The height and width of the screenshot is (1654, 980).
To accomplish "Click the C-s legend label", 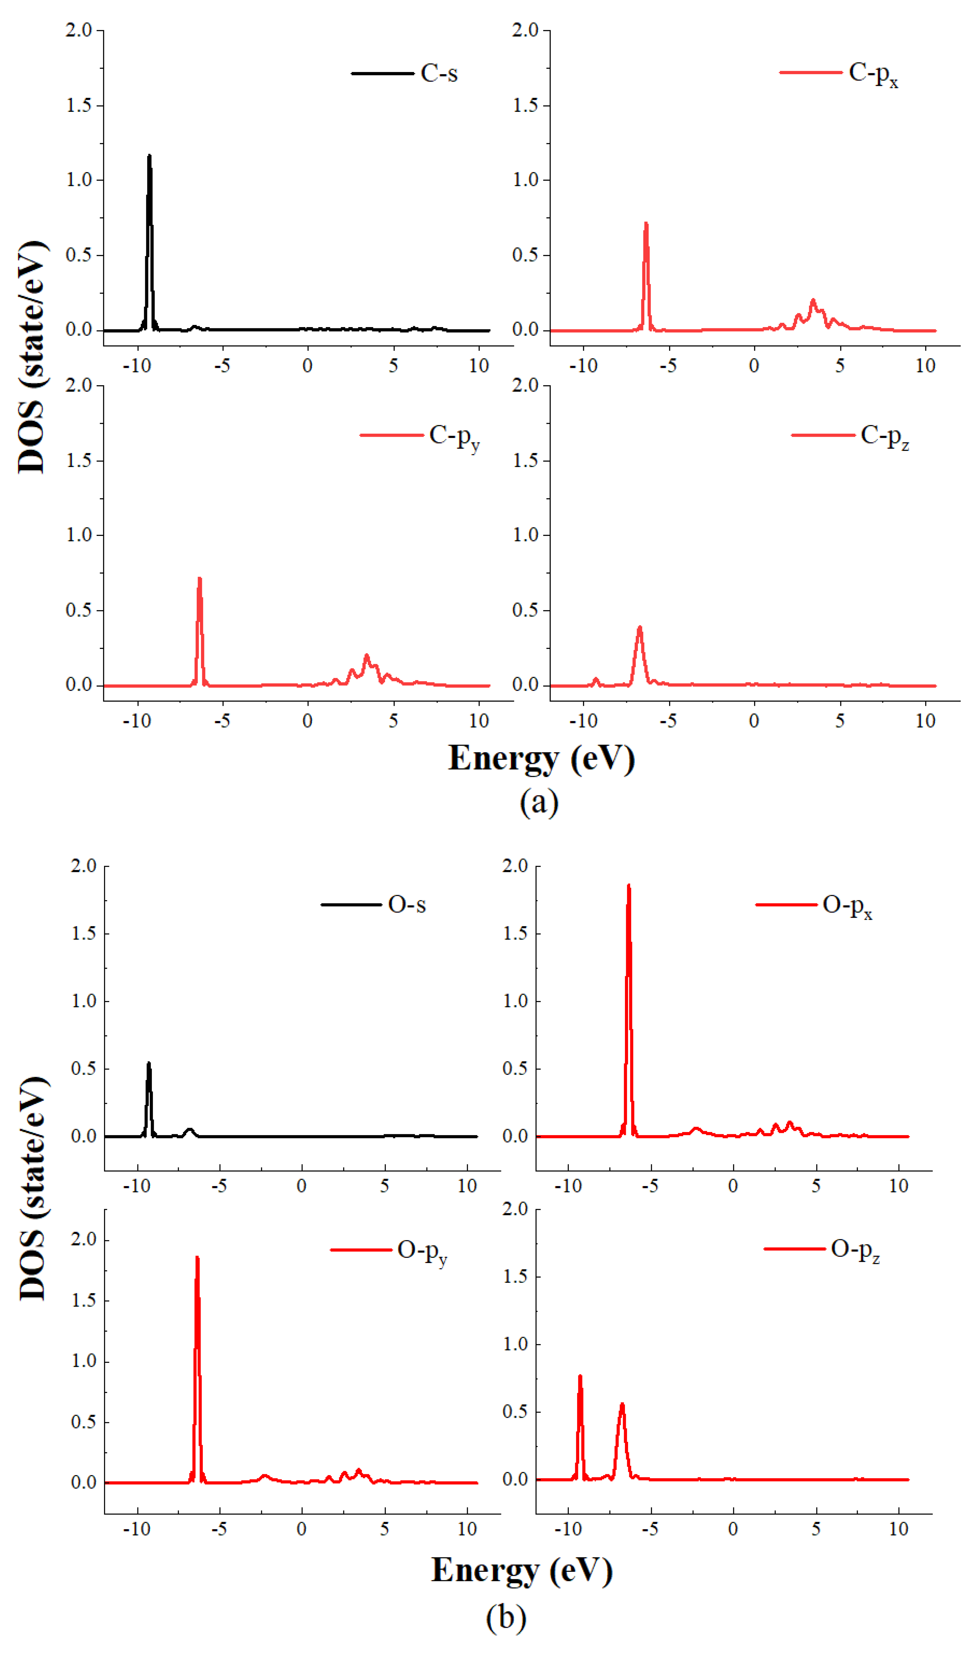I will pyautogui.click(x=439, y=73).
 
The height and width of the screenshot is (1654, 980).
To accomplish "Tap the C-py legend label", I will pyautogui.click(x=454, y=437).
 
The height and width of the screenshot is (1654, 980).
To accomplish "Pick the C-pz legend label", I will pyautogui.click(x=884, y=437).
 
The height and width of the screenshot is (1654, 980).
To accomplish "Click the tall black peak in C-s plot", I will pyautogui.click(x=149, y=157).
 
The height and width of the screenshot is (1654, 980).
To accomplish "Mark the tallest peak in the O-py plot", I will pyautogui.click(x=197, y=1258).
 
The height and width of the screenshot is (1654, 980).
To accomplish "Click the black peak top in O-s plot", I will pyautogui.click(x=149, y=1063).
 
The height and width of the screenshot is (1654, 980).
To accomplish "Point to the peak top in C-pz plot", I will pyautogui.click(x=639, y=628).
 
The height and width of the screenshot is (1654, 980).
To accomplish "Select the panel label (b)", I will pyautogui.click(x=506, y=1617).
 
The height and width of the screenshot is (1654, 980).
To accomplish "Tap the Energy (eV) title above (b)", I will pyautogui.click(x=522, y=1570).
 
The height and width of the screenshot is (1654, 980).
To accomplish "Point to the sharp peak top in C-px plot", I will pyautogui.click(x=646, y=224).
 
